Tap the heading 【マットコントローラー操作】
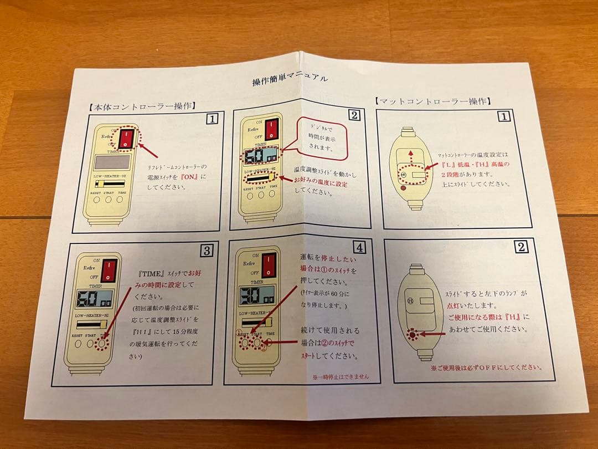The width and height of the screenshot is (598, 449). (x=432, y=101)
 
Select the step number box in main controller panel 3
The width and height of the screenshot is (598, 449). (x=207, y=251)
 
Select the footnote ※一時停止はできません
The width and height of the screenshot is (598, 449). (x=340, y=376)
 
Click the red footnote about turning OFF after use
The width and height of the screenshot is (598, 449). (x=486, y=367)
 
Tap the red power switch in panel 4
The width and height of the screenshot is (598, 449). (x=269, y=266)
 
